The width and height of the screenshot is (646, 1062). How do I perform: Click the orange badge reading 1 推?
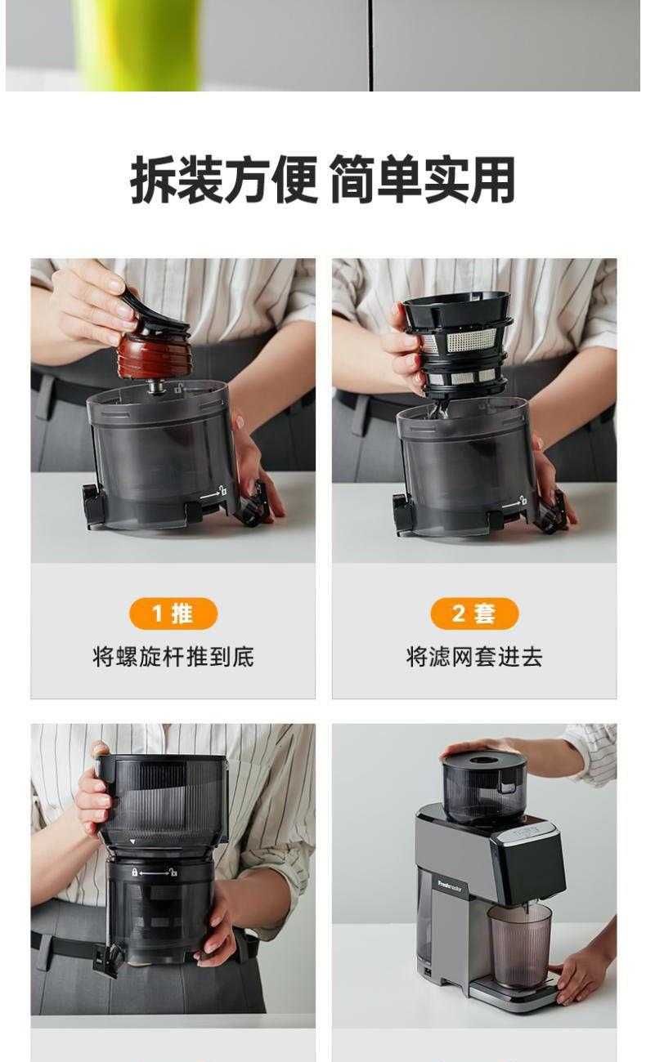pos(173,614)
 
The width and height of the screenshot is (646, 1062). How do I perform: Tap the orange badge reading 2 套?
pos(474,614)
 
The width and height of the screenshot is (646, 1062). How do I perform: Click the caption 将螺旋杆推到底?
pos(173,657)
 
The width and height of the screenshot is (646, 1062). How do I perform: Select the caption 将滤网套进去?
pos(474,657)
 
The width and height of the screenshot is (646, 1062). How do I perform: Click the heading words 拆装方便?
pos(223,180)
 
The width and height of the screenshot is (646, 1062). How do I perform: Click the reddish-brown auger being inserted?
pos(154,354)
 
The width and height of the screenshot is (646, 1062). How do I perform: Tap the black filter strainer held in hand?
pos(458,344)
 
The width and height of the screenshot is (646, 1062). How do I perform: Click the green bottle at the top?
pos(138,45)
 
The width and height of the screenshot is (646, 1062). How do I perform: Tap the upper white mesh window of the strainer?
pos(471,340)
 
